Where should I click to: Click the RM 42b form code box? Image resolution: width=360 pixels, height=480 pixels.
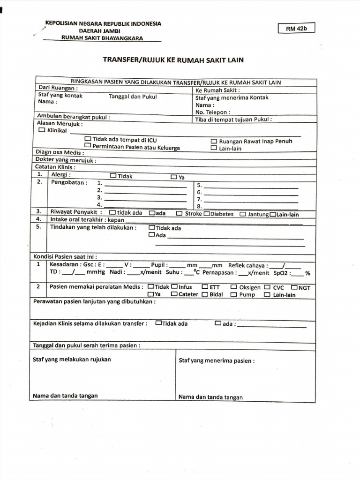click(x=296, y=29)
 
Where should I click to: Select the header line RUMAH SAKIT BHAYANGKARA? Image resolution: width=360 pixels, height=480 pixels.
click(x=103, y=38)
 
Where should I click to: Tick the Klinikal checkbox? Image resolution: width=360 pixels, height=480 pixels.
click(x=42, y=130)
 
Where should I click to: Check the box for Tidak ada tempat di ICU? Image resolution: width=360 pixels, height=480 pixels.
click(x=88, y=139)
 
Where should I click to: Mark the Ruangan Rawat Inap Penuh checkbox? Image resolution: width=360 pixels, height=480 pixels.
click(x=214, y=141)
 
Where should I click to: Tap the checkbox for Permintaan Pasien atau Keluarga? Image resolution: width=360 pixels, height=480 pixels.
click(x=88, y=146)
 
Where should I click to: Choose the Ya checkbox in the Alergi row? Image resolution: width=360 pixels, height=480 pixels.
click(x=174, y=177)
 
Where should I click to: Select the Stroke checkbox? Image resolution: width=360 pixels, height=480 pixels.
click(x=180, y=214)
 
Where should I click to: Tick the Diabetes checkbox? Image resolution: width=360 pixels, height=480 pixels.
click(x=207, y=214)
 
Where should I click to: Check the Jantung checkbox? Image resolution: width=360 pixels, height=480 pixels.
click(x=243, y=214)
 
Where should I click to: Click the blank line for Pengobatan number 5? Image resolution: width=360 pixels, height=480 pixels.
click(x=251, y=187)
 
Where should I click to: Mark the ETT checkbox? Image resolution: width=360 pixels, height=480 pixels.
click(x=205, y=287)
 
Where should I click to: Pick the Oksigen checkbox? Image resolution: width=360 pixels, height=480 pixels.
click(x=233, y=287)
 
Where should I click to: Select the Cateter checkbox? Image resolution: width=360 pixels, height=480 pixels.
click(x=174, y=294)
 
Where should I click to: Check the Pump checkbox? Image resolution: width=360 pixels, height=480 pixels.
click(x=233, y=295)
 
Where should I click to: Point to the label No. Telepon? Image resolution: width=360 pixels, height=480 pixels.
click(x=212, y=112)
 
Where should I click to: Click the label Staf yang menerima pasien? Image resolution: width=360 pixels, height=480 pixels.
click(x=217, y=361)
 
